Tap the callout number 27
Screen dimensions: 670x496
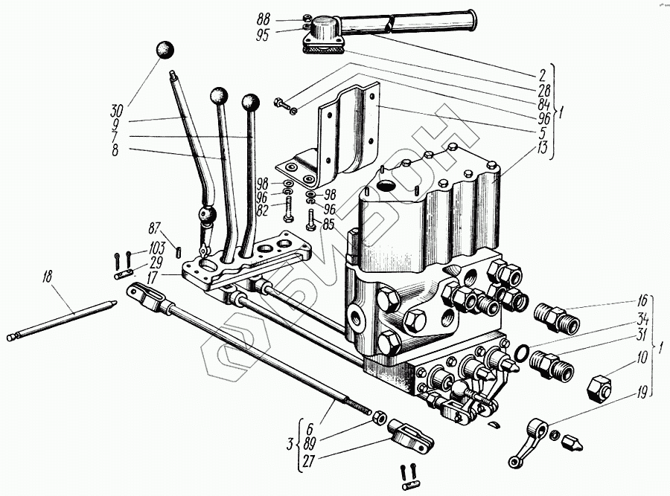click(307, 460)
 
